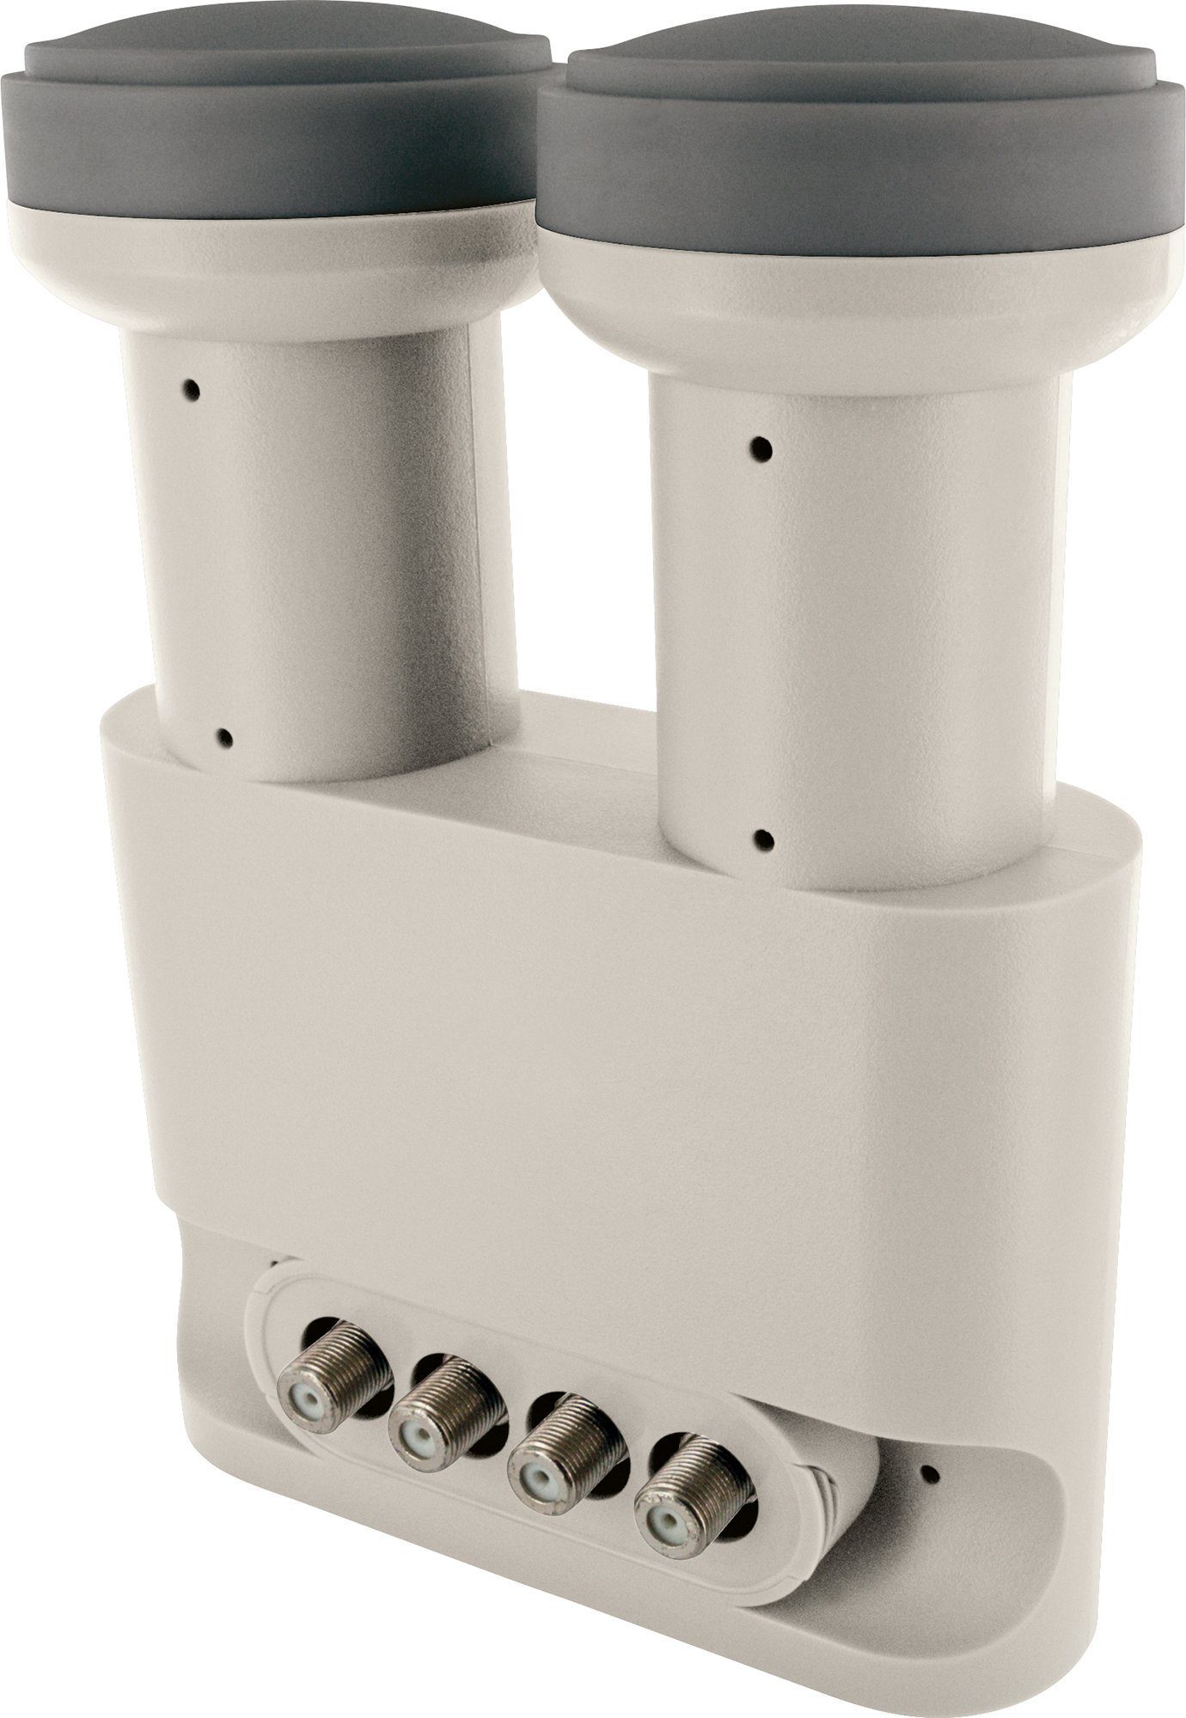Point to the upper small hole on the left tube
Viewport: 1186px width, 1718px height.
(193, 389)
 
